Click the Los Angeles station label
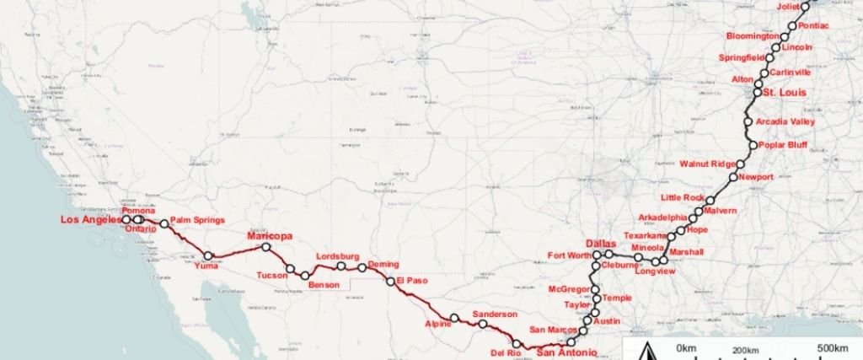pos(91,220)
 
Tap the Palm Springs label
pos(197,220)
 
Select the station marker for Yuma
pos(208,255)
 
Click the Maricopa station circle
pos(266,247)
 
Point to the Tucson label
pos(272,276)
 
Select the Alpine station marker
pos(454,318)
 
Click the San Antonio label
pos(567,352)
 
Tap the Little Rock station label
pos(682,197)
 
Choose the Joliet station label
pos(789,7)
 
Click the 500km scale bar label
pos(833,348)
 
